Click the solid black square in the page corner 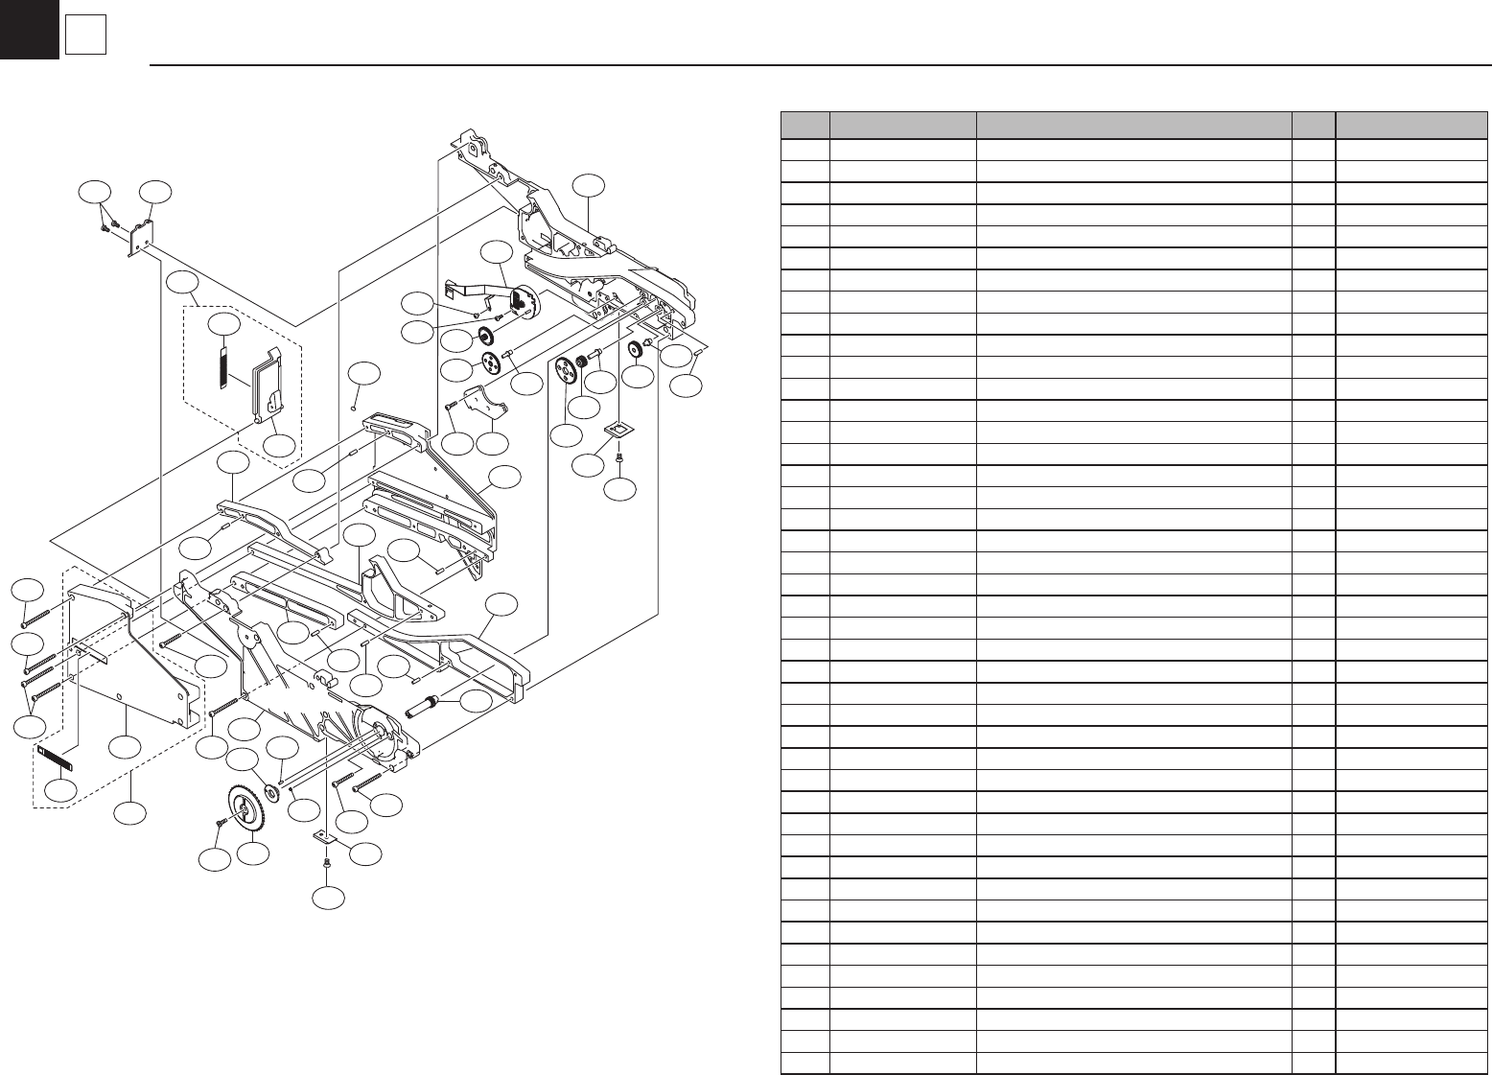point(29,29)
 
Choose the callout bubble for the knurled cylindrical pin point(477,702)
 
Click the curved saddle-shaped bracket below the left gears point(484,402)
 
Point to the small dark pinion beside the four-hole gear point(581,363)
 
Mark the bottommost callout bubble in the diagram point(329,900)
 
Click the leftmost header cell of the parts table point(805,126)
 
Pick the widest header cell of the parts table point(1133,126)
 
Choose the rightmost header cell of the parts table point(1406,126)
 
